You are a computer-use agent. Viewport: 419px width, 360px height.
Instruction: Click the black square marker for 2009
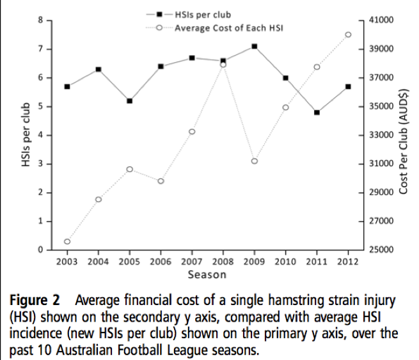coord(254,46)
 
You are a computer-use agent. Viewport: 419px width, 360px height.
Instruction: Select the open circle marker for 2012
coord(348,35)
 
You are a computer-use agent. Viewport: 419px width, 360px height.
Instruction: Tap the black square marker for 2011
coord(317,113)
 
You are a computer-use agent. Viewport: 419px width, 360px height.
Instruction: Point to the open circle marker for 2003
coord(67,242)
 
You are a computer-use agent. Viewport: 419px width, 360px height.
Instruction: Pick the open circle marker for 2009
coord(254,161)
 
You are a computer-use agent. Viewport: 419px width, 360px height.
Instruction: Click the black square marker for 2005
coord(129,101)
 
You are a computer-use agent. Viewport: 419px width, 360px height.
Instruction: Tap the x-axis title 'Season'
coord(207,275)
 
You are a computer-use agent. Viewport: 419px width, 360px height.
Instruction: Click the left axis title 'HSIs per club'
coord(26,135)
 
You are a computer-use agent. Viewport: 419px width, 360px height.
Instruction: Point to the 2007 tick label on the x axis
coord(191,261)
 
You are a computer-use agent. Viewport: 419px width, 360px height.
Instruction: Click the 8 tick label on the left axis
coord(40,20)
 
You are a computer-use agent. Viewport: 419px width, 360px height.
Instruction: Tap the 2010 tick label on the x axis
coord(285,261)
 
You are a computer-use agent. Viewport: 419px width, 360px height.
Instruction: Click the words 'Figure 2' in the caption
coord(35,299)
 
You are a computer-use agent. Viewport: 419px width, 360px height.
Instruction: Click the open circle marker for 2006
coord(161,181)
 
